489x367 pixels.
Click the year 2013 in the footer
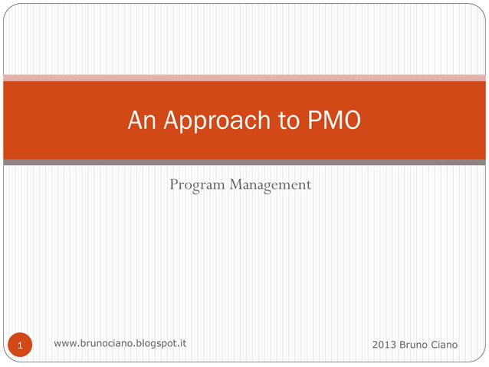click(x=384, y=345)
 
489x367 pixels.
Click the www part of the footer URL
click(x=65, y=343)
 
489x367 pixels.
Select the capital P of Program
click(x=173, y=184)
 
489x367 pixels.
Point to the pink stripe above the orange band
click(x=244, y=78)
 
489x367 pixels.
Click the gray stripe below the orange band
click(x=244, y=162)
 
